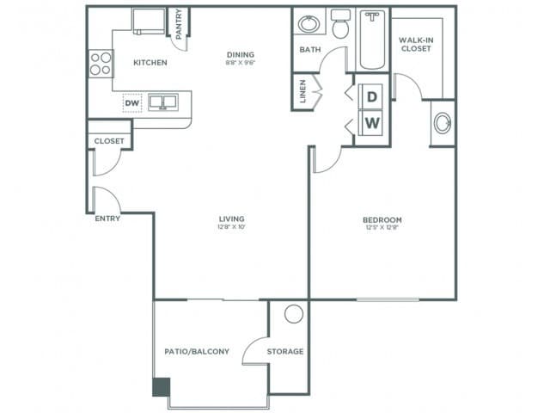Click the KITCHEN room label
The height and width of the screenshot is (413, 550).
click(x=150, y=63)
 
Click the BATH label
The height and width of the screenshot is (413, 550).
click(x=309, y=50)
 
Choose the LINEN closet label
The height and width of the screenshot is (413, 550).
click(x=303, y=93)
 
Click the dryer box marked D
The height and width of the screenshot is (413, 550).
click(x=372, y=96)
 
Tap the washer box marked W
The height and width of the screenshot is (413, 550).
click(x=372, y=122)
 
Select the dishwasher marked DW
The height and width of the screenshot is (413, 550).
click(x=131, y=103)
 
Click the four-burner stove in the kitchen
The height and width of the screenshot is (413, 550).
click(x=101, y=63)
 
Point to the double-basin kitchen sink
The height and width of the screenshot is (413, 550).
click(x=162, y=103)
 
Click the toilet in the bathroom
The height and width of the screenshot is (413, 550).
click(x=340, y=26)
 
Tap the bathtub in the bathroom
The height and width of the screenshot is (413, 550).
click(x=373, y=39)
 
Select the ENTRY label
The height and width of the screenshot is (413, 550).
click(x=107, y=219)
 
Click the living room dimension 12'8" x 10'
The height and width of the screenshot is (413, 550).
click(x=232, y=229)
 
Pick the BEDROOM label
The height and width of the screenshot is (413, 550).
click(x=382, y=220)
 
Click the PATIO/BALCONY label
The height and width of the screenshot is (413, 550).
click(x=196, y=352)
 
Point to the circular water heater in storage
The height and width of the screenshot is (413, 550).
click(x=294, y=314)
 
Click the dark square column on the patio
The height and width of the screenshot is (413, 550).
click(x=161, y=387)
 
